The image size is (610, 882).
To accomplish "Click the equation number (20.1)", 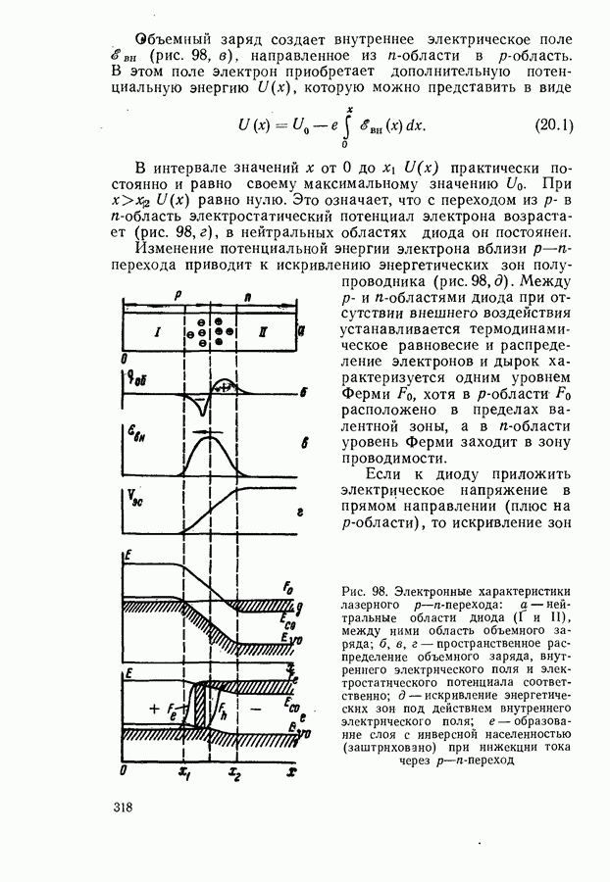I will pos(555,125).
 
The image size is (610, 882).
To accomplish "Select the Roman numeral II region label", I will pos(262,333).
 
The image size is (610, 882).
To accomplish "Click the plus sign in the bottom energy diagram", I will pos(153,707).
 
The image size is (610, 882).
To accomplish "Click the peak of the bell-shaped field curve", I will pos(207,438).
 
